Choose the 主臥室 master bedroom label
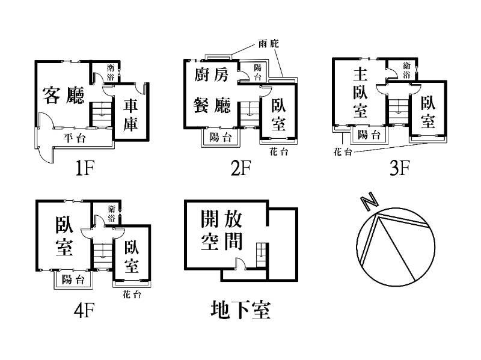tap(360, 94)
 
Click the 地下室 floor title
tap(240, 310)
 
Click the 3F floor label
tap(399, 168)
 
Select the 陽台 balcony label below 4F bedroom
tap(73, 279)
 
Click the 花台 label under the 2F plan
tap(279, 151)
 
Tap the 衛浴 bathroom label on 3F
tap(407, 70)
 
